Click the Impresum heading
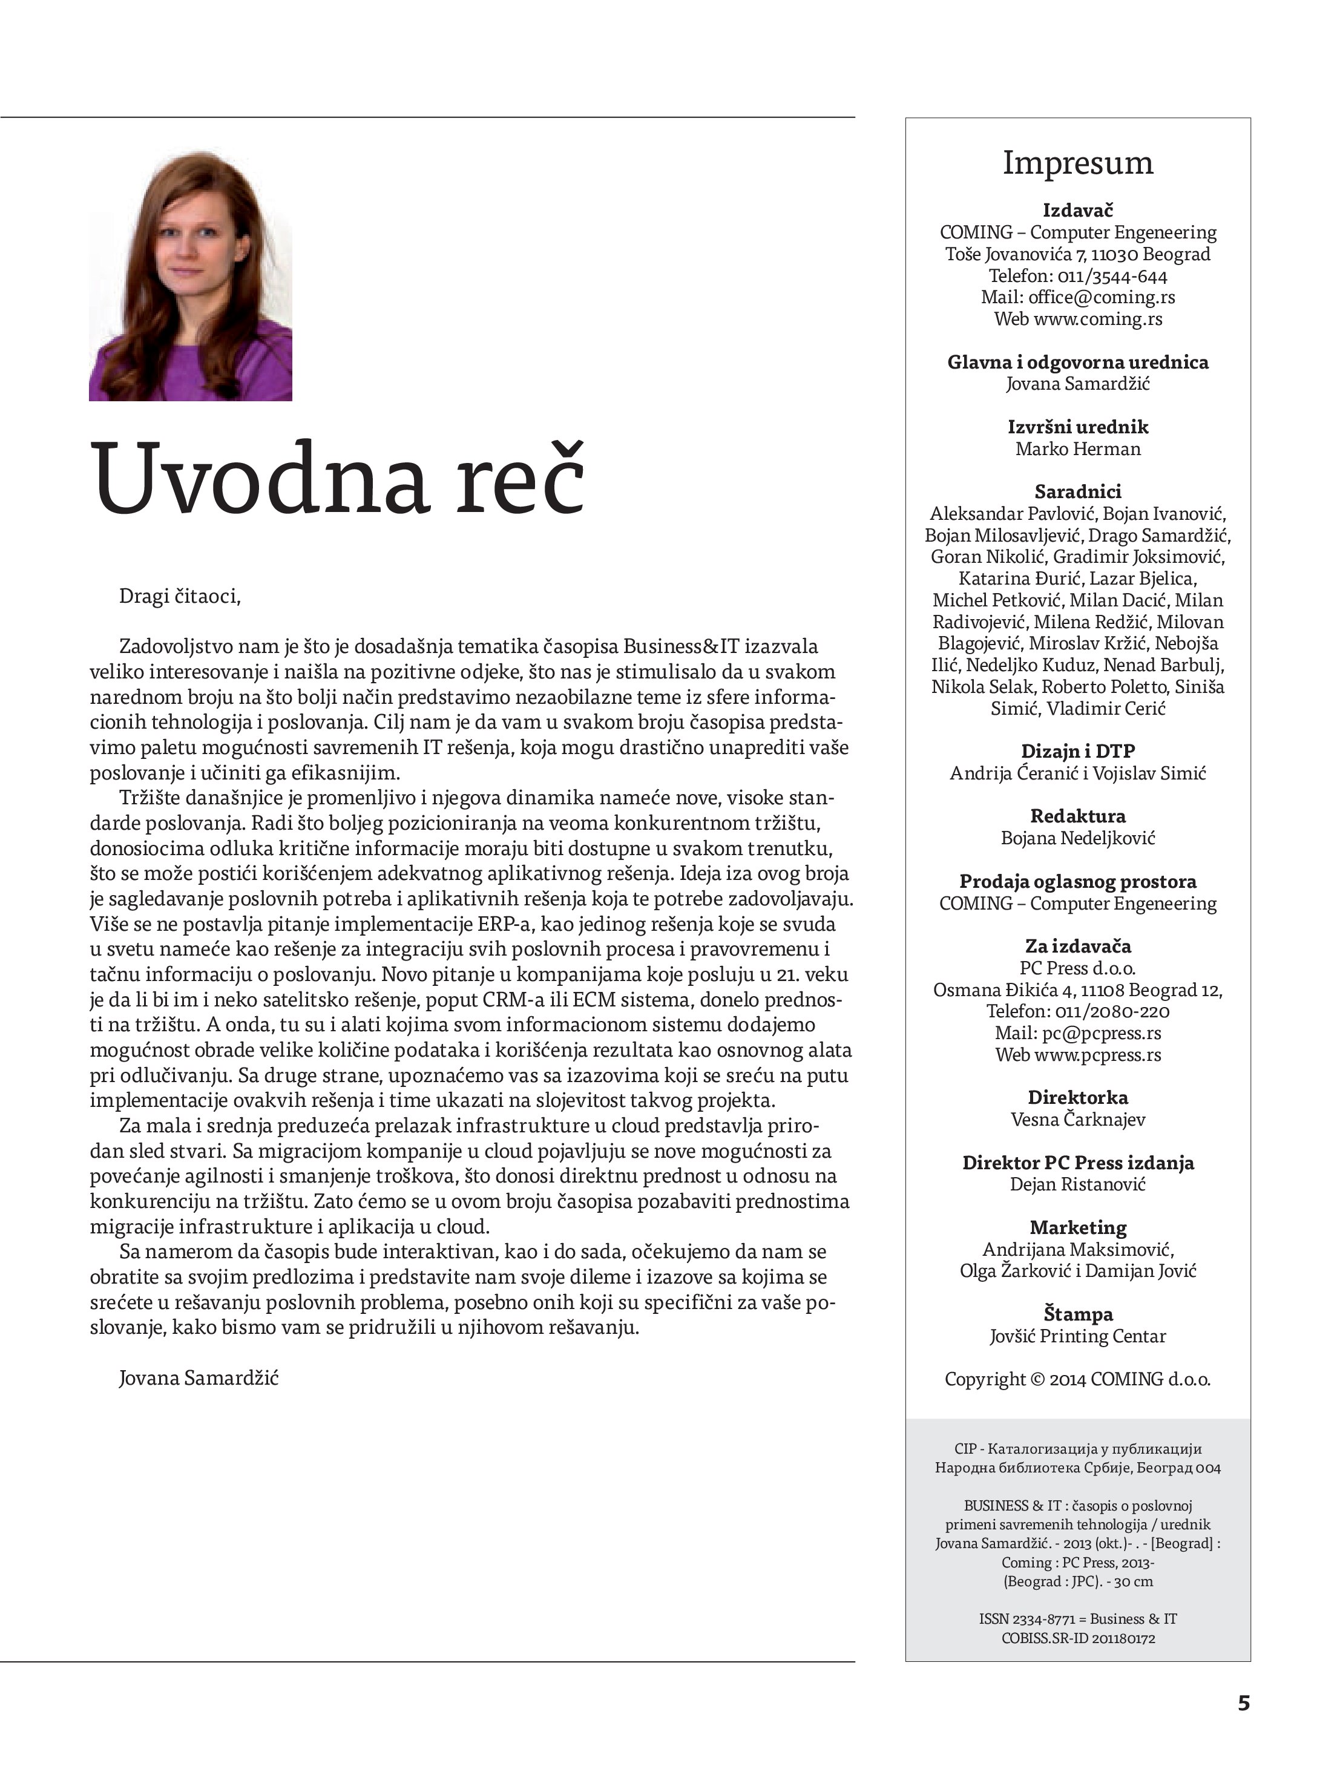[x=1077, y=163]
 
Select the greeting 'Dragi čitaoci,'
[x=179, y=597]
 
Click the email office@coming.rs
[x=1101, y=298]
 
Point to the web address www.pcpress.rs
[x=1097, y=1055]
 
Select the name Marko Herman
[x=1077, y=448]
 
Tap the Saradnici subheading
[x=1077, y=492]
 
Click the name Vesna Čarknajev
[x=1077, y=1120]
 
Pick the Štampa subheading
[x=1077, y=1314]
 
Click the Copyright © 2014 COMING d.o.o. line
[x=1077, y=1379]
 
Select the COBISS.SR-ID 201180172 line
[x=1077, y=1639]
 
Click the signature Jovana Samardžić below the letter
[x=199, y=1378]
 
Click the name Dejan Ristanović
[x=1077, y=1184]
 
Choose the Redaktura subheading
[x=1077, y=816]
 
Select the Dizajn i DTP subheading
[x=1077, y=752]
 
